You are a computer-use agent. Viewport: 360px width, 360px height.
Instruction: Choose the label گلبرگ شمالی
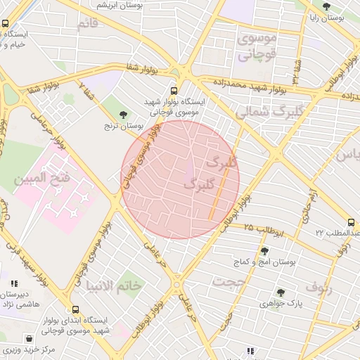[x=271, y=112]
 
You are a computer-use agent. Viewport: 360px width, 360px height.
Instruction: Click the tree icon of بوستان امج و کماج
[x=264, y=251]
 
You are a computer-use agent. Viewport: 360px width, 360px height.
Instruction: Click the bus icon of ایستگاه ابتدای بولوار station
[x=75, y=309]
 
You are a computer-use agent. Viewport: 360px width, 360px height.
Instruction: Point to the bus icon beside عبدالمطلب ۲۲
[x=351, y=222]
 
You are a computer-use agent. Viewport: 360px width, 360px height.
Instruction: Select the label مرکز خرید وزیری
[x=29, y=349]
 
